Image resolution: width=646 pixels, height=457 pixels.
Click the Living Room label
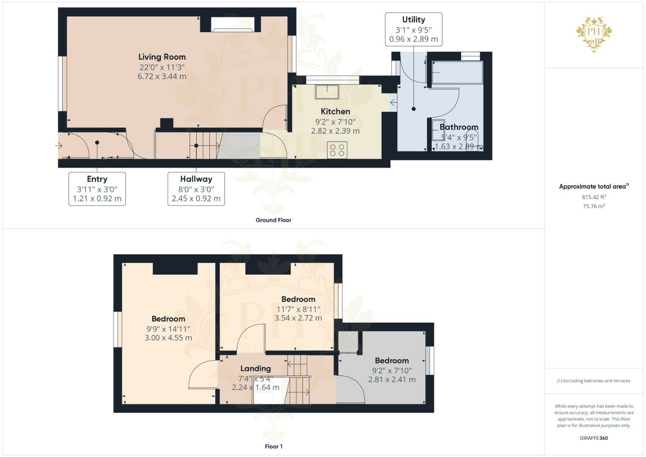point(162,57)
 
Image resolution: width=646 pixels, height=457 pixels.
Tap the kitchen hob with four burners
point(337,150)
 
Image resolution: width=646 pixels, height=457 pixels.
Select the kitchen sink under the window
point(327,92)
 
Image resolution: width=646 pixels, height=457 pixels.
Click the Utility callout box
point(413,29)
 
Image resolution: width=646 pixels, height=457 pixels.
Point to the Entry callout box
point(97,189)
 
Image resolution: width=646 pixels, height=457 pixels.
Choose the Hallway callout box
point(196,189)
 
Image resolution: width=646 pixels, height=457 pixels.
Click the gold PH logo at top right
point(594,34)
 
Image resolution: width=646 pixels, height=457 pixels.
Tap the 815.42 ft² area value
point(594,197)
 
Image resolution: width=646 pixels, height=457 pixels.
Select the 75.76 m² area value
point(594,206)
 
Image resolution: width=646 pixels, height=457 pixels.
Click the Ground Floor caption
point(273,220)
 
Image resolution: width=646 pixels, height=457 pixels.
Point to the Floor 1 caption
point(273,446)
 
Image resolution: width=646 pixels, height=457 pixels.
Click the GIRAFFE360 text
point(594,438)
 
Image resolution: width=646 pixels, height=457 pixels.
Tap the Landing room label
point(256,368)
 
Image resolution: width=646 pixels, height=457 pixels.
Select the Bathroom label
point(459,127)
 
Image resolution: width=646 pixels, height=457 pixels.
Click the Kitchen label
point(335,111)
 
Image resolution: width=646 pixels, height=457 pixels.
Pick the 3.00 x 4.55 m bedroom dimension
point(168,338)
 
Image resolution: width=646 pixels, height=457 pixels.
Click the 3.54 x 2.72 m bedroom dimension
point(298,318)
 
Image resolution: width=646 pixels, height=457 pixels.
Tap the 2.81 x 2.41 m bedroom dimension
point(392,380)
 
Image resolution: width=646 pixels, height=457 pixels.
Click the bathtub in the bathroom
point(457,72)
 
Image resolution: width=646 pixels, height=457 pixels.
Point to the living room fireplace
point(233,24)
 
